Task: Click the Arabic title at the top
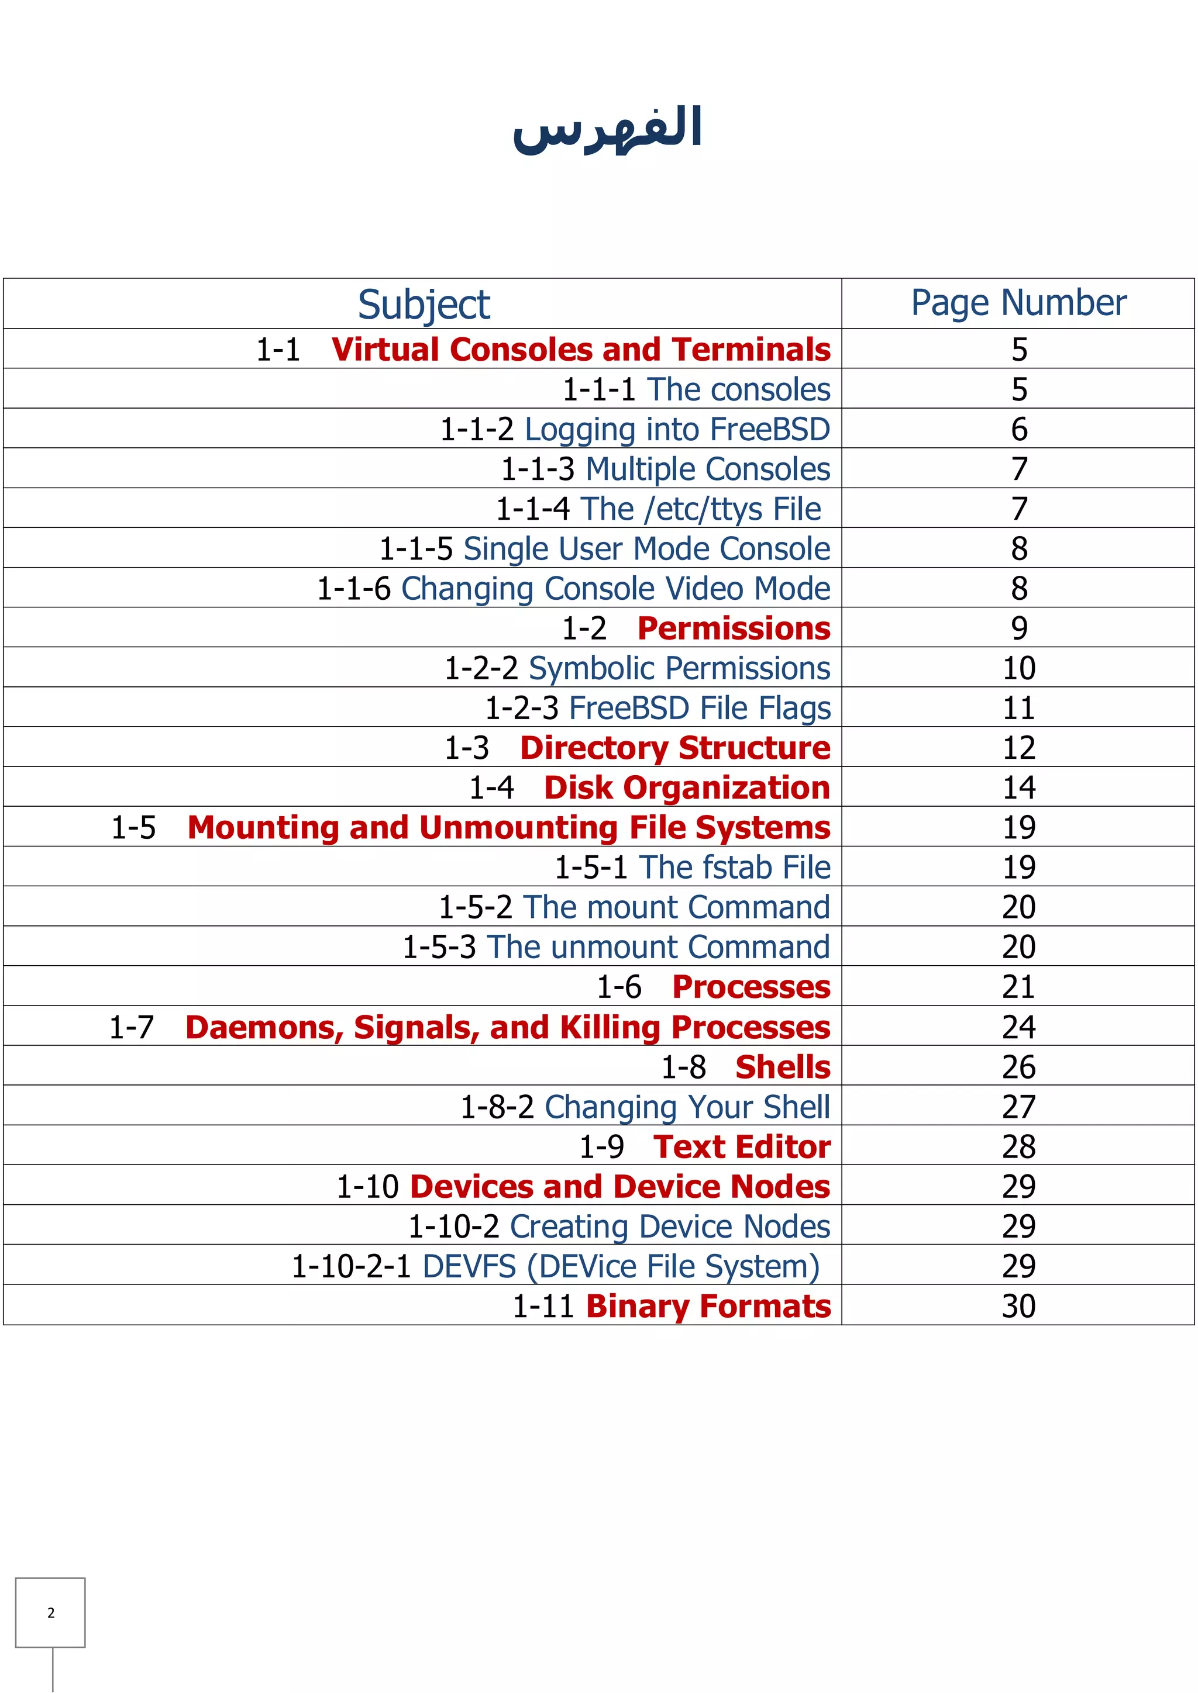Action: click(x=607, y=129)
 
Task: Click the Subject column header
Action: click(x=424, y=305)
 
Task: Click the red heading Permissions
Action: click(x=734, y=628)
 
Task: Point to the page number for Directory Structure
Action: click(x=1019, y=748)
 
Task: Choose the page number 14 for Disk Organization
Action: click(x=1019, y=787)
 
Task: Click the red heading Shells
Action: click(x=783, y=1067)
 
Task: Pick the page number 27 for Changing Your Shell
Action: click(x=1019, y=1107)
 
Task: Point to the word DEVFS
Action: click(x=469, y=1266)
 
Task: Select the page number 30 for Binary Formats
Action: click(x=1019, y=1306)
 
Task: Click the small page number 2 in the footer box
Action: click(x=51, y=1613)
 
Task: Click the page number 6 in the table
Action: click(x=1019, y=429)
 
